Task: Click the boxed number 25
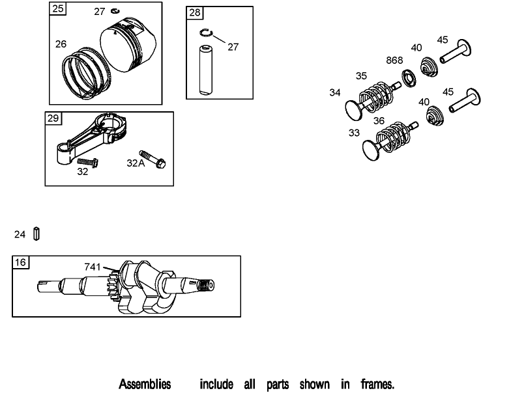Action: tap(58, 9)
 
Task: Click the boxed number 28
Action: tap(194, 13)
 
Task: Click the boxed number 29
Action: tap(53, 118)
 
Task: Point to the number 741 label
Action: tap(93, 266)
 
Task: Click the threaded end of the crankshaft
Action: tap(205, 285)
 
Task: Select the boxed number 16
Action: tap(20, 262)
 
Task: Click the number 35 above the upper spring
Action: tap(361, 76)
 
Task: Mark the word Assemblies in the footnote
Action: tap(145, 384)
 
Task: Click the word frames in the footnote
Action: tap(377, 384)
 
